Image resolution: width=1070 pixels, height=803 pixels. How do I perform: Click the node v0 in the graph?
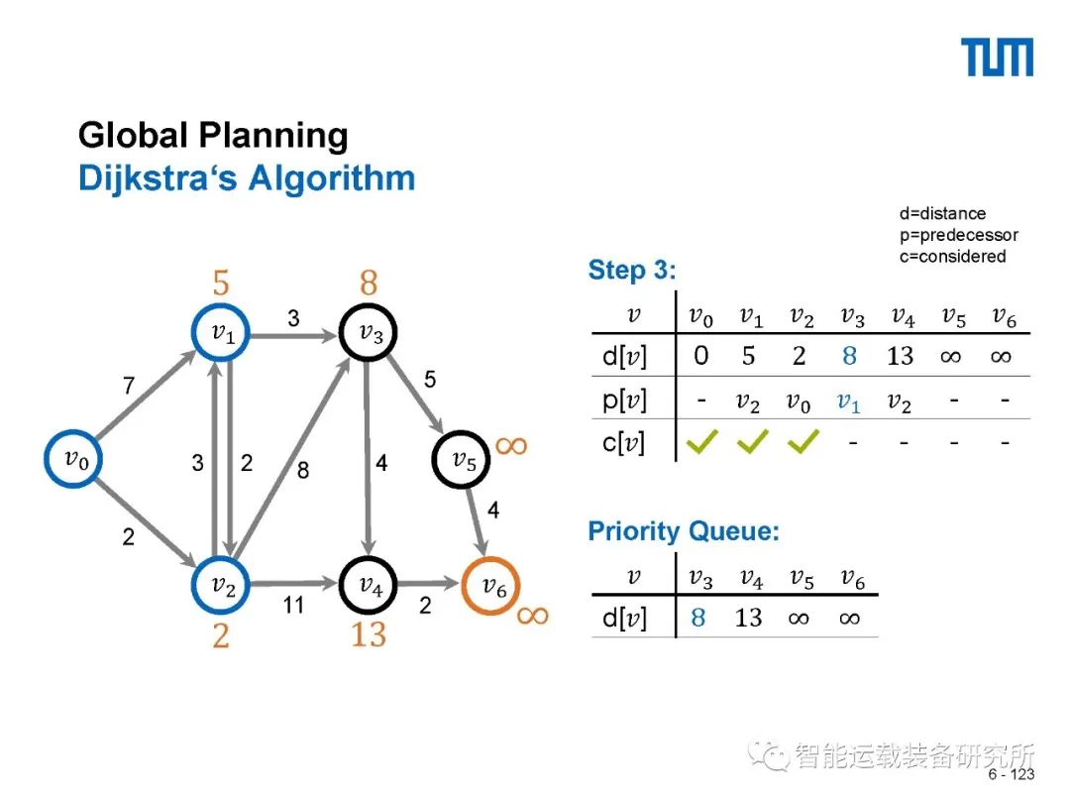[x=75, y=458]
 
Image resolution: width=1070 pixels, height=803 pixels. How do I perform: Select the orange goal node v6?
[x=492, y=586]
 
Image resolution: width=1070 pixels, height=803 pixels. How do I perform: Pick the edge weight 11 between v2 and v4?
[x=293, y=604]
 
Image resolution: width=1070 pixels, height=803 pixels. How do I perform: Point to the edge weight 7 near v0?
[x=128, y=387]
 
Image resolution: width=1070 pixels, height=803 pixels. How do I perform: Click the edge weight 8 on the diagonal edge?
[x=303, y=471]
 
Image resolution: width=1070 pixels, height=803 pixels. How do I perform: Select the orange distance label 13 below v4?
[x=369, y=634]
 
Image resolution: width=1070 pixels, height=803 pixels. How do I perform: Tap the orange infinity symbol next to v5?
[x=512, y=445]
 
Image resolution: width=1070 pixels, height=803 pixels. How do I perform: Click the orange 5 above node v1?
[x=220, y=284]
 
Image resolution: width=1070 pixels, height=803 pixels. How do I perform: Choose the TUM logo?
[x=998, y=57]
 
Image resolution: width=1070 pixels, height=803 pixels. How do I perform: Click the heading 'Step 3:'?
[x=632, y=270]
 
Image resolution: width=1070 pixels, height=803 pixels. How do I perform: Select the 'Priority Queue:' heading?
[x=684, y=531]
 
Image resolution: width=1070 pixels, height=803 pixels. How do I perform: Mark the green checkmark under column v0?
[x=701, y=443]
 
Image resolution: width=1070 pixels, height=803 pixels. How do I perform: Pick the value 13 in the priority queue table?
[x=748, y=619]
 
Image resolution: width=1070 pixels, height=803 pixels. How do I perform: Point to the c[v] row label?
[x=624, y=443]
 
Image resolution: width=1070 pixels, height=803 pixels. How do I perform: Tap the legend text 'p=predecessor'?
[x=958, y=235]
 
